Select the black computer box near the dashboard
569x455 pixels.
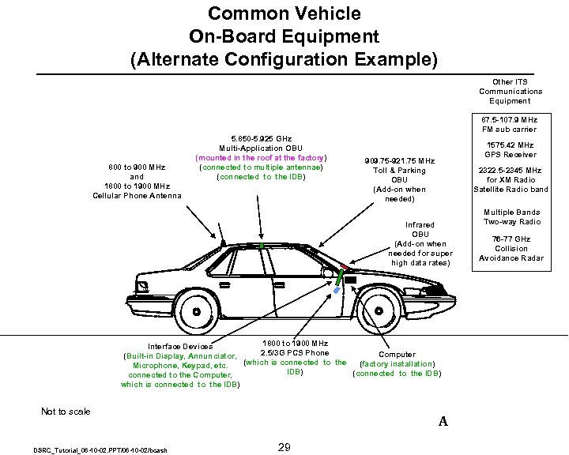tap(350, 280)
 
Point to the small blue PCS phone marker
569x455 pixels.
tap(337, 291)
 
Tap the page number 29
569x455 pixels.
tap(284, 448)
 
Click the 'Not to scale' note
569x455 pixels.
tap(66, 411)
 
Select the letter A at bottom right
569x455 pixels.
tap(443, 422)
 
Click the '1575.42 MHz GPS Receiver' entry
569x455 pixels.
tap(511, 149)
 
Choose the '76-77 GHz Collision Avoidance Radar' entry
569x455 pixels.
tap(511, 248)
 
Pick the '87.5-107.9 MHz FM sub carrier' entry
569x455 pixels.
tap(511, 124)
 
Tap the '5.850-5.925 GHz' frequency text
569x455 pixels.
tap(261, 138)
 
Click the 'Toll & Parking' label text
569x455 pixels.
tap(399, 170)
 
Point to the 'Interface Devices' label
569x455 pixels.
tap(180, 346)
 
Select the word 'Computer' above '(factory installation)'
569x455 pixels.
tap(397, 355)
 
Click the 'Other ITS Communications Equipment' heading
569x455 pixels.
tap(511, 91)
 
